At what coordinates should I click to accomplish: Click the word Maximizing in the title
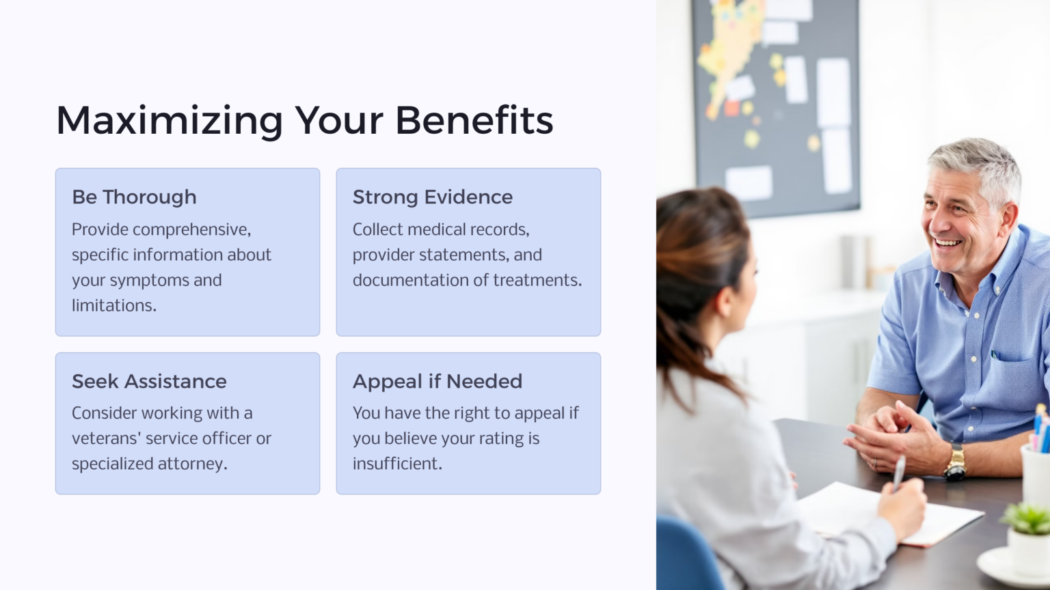pyautogui.click(x=170, y=122)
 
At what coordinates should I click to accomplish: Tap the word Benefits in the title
pyautogui.click(x=474, y=120)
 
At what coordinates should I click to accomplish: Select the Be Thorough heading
pyautogui.click(x=134, y=197)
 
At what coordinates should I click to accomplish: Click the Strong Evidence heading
pyautogui.click(x=432, y=197)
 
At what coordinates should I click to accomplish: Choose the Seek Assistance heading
pyautogui.click(x=149, y=382)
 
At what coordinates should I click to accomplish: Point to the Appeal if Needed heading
pyautogui.click(x=437, y=382)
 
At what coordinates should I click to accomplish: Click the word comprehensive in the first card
pyautogui.click(x=191, y=230)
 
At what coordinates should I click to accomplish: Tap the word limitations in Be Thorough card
pyautogui.click(x=114, y=306)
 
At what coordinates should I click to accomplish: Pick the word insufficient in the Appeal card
pyautogui.click(x=397, y=464)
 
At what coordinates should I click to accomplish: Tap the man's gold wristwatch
pyautogui.click(x=954, y=463)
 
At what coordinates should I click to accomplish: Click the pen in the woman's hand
pyautogui.click(x=899, y=472)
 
